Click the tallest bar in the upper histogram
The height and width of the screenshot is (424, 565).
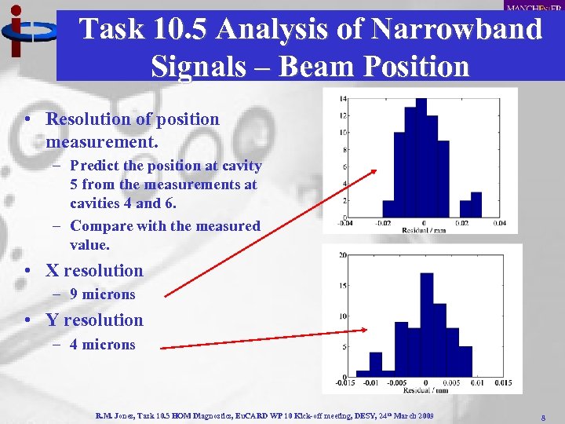click(421, 157)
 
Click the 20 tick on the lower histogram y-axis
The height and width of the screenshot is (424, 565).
click(343, 255)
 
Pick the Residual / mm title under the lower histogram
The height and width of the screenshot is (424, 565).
click(426, 389)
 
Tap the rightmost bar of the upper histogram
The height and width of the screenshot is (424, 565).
click(476, 205)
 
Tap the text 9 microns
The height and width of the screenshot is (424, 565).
click(102, 294)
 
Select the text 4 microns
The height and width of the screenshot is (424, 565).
click(102, 344)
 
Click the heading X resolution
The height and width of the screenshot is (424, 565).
click(94, 271)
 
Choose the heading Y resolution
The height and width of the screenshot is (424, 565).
click(94, 320)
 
